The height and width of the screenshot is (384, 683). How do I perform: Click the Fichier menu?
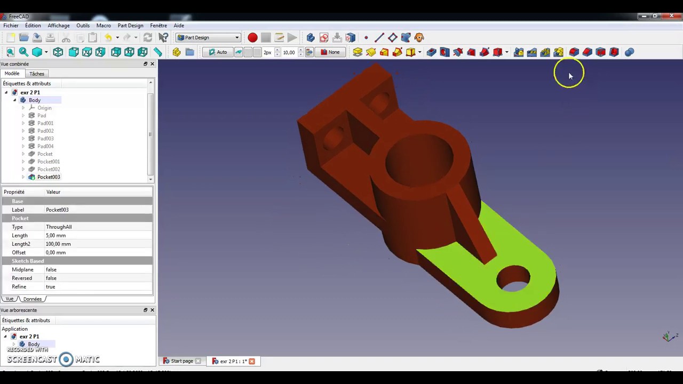pos(11,26)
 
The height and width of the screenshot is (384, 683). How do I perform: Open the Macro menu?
pos(104,26)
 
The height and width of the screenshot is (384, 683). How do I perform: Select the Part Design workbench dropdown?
pos(208,37)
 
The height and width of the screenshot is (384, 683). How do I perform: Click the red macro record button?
pos(252,37)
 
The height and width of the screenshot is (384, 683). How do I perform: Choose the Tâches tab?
pos(37,74)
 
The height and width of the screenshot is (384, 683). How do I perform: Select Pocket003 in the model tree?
pos(49,177)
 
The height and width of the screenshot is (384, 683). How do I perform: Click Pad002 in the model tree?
pos(45,131)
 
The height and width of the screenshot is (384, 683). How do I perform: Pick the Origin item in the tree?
pos(44,108)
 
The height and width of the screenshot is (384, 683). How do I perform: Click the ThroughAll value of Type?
pos(59,227)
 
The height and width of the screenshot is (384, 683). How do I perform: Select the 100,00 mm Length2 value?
pos(58,244)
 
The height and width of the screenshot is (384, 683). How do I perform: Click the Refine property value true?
pos(50,286)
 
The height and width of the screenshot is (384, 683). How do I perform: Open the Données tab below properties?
pos(33,299)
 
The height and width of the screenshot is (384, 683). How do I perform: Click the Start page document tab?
pos(181,361)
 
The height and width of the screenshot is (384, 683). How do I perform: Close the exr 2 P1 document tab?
pos(252,361)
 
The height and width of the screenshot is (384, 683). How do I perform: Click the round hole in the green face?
pos(513,278)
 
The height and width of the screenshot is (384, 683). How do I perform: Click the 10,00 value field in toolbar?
pos(289,52)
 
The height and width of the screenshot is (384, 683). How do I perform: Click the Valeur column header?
pos(53,192)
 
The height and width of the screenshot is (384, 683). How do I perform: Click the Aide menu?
pos(179,26)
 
